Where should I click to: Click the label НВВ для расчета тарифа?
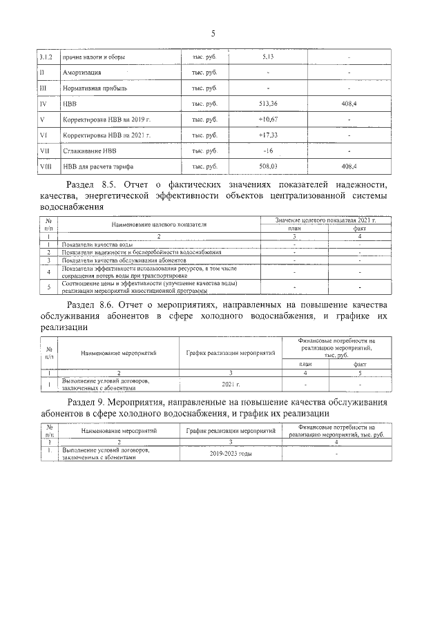98,166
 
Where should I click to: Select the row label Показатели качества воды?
99,244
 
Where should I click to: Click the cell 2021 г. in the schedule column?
231,383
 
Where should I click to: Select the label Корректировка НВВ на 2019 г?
106,119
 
